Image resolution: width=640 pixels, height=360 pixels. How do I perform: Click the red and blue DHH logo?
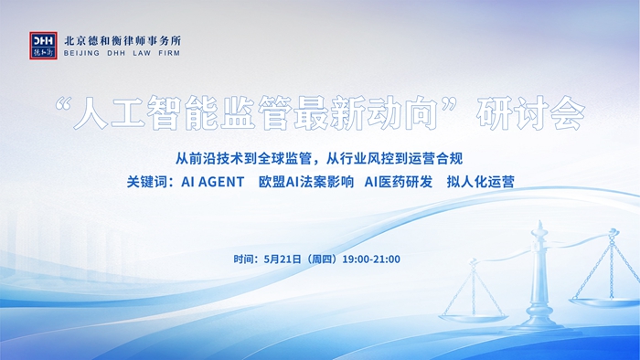click(43, 46)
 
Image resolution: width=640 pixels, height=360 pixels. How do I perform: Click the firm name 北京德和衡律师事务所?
click(122, 41)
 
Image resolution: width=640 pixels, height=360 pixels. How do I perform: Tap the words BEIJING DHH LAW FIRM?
click(122, 53)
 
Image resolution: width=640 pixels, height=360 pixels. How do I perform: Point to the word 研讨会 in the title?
click(530, 112)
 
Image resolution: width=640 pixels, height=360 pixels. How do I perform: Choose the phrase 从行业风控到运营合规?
click(394, 159)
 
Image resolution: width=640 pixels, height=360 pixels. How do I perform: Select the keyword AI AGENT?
click(213, 182)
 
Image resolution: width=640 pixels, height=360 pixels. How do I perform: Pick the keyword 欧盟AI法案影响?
click(305, 182)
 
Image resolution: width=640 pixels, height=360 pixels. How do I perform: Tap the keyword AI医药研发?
click(399, 182)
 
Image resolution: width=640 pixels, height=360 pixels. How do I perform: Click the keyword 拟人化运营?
click(480, 182)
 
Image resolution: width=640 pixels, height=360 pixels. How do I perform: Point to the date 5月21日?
click(283, 259)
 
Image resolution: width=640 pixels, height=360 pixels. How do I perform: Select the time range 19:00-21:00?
click(371, 259)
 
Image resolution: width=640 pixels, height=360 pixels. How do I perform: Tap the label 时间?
click(244, 259)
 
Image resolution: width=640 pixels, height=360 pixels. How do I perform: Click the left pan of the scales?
click(474, 318)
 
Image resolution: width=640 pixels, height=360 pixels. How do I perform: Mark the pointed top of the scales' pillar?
click(540, 222)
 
